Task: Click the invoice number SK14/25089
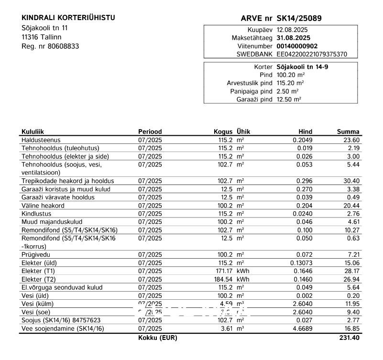click(299, 19)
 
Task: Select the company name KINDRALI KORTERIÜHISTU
click(68, 18)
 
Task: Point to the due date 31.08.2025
click(293, 37)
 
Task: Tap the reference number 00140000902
click(296, 46)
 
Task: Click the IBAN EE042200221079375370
click(312, 55)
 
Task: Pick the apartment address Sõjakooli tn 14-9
click(302, 67)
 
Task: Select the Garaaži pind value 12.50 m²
click(289, 99)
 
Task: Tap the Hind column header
click(305, 131)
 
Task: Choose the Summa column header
click(348, 131)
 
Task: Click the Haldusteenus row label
click(41, 140)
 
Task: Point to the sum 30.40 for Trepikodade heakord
click(351, 181)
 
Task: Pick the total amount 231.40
click(349, 338)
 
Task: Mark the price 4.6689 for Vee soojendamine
click(302, 328)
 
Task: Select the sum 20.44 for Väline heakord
click(351, 206)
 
